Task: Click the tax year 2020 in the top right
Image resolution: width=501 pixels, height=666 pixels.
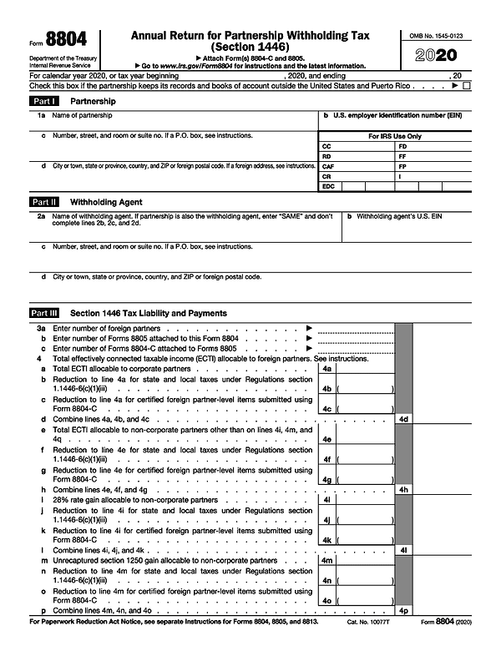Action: pyautogui.click(x=447, y=56)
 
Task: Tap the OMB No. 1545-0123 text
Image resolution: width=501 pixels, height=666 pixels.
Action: pyautogui.click(x=447, y=36)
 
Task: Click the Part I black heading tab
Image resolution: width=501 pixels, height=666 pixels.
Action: pyautogui.click(x=44, y=101)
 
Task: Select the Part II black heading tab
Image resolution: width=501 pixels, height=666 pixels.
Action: pyautogui.click(x=44, y=202)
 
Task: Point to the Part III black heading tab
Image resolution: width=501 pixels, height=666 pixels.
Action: pyautogui.click(x=45, y=313)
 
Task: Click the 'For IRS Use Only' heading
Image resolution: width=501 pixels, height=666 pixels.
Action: pyautogui.click(x=395, y=136)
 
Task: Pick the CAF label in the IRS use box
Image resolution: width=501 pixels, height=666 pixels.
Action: pyautogui.click(x=328, y=166)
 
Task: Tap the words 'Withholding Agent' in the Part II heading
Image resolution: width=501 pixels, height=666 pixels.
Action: pyautogui.click(x=106, y=202)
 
